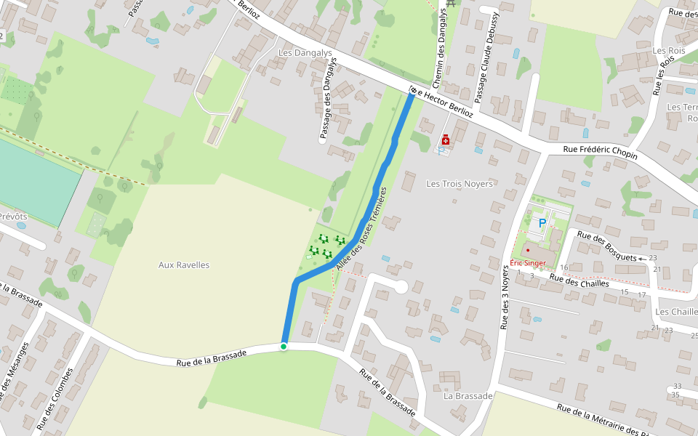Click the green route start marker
(284, 347)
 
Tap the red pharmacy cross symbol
(445, 140)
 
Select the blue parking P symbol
(542, 223)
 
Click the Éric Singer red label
(528, 262)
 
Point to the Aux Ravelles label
(184, 265)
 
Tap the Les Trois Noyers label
(460, 184)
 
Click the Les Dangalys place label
(305, 53)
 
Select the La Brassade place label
(468, 396)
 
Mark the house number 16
(564, 267)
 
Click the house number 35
(675, 395)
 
